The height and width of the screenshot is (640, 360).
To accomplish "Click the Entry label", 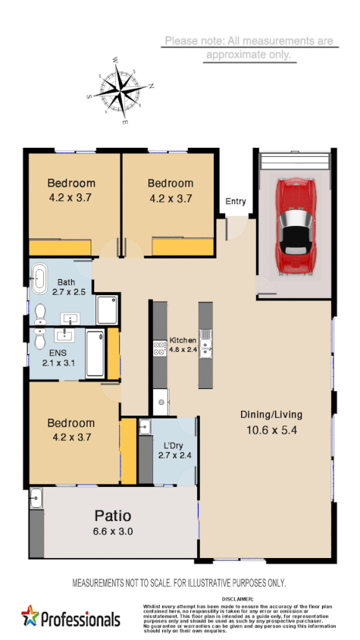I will [x=235, y=201].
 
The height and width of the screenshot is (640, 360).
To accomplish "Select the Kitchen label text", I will [x=183, y=340].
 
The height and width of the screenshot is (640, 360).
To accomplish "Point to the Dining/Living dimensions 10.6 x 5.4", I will [x=271, y=428].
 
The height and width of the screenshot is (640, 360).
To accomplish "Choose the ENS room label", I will [x=57, y=353].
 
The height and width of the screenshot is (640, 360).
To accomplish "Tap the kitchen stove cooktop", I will [x=160, y=348].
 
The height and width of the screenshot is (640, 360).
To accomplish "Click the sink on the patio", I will [x=36, y=498].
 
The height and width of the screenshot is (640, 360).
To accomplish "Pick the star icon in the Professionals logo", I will [x=30, y=616].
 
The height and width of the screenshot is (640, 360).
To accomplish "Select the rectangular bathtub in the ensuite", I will [x=95, y=353].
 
